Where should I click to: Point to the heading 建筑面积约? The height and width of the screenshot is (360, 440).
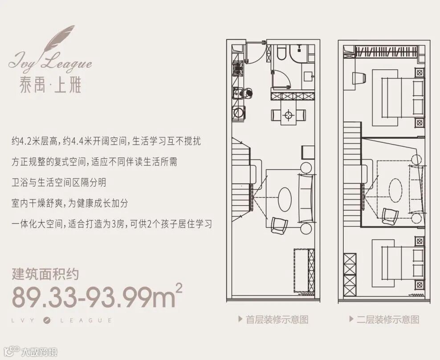click(45, 273)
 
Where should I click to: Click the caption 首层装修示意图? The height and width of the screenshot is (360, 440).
click(277, 319)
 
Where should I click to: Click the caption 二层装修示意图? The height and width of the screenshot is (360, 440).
click(387, 319)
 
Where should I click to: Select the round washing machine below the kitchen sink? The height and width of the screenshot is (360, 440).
click(239, 113)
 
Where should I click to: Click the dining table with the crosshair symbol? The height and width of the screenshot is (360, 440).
click(289, 115)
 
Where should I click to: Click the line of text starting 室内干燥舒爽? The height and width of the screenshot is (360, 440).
click(69, 203)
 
